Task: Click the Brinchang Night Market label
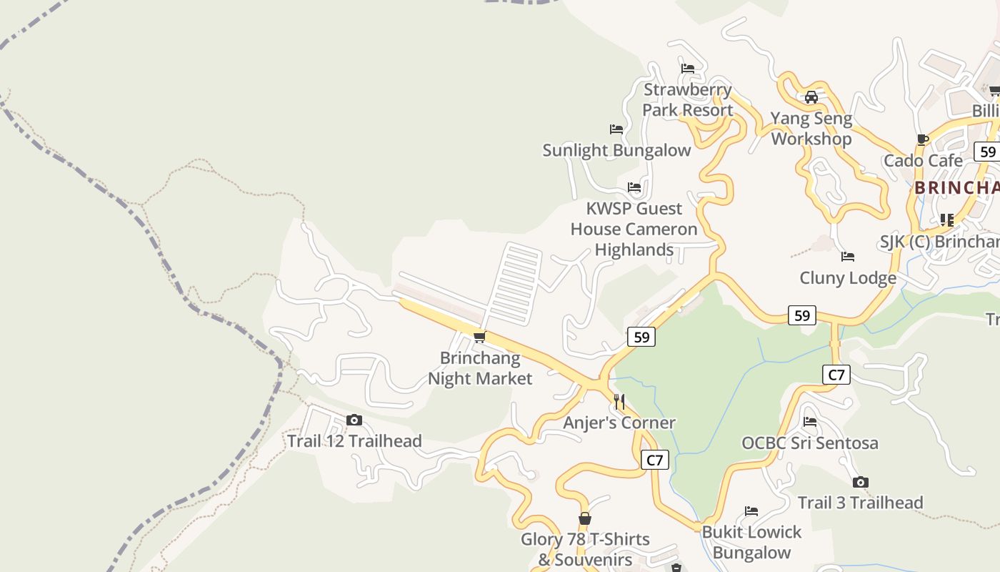tap(480, 368)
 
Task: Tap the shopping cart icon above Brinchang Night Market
tap(480, 337)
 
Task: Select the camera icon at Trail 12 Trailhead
tap(354, 420)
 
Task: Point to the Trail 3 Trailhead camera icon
tap(861, 482)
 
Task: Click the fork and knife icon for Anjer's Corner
tap(619, 402)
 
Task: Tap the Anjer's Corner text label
tap(619, 423)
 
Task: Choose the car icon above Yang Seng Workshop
tap(811, 97)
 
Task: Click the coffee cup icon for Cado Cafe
tap(923, 139)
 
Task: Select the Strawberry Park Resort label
tap(688, 99)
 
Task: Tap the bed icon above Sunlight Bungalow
tap(616, 129)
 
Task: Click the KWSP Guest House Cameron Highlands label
tap(634, 229)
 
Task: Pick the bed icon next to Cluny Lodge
tap(848, 257)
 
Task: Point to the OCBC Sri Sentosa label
tap(810, 443)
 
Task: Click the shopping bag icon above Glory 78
tap(585, 518)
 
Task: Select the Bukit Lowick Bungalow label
tap(751, 542)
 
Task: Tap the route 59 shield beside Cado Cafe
tap(988, 152)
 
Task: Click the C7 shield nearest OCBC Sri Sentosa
tap(836, 374)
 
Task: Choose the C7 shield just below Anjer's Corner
tap(655, 460)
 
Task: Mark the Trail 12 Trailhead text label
tap(354, 441)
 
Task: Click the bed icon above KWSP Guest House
tap(634, 187)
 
